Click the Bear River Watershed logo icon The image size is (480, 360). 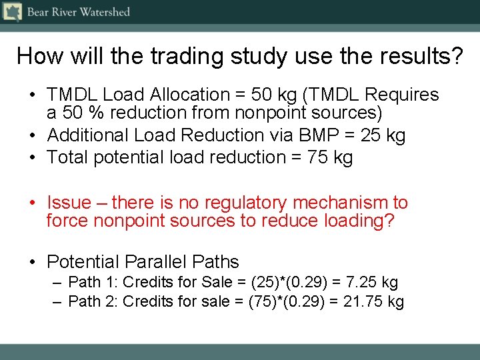pyautogui.click(x=13, y=12)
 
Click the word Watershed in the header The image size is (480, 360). pyautogui.click(x=105, y=12)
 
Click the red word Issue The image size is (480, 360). pyautogui.click(x=67, y=203)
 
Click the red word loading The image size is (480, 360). pyautogui.click(x=359, y=221)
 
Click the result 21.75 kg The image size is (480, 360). pyautogui.click(x=374, y=302)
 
